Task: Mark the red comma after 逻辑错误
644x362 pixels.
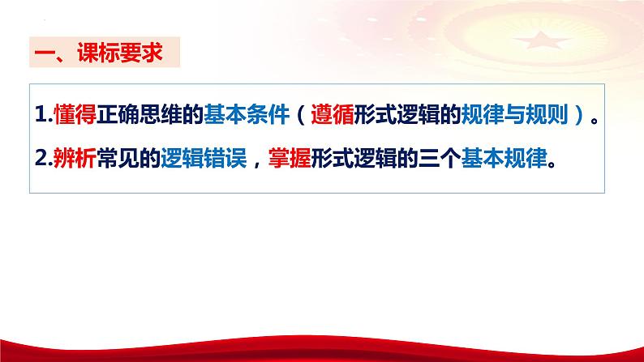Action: click(x=259, y=162)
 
